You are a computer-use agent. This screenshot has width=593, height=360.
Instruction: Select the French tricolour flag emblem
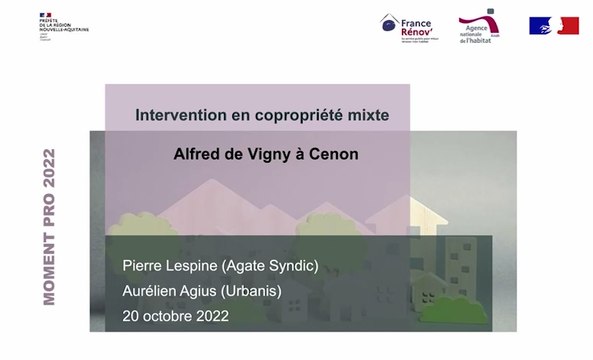(554, 26)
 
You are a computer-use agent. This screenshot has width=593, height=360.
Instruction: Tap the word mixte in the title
(363, 116)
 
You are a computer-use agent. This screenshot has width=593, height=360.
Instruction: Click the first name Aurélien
(152, 290)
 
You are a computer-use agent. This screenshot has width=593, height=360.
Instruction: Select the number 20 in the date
(131, 315)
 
